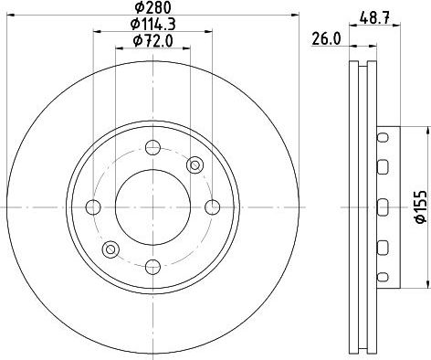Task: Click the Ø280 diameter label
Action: point(152,7)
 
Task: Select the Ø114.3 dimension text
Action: point(152,25)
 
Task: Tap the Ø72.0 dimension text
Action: point(152,41)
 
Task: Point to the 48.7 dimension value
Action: point(374,18)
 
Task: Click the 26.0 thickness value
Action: point(326,39)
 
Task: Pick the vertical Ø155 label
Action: point(422,207)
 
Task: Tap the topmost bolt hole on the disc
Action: point(152,148)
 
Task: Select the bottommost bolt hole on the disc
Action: point(152,267)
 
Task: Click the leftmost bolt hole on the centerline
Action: point(93,207)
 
